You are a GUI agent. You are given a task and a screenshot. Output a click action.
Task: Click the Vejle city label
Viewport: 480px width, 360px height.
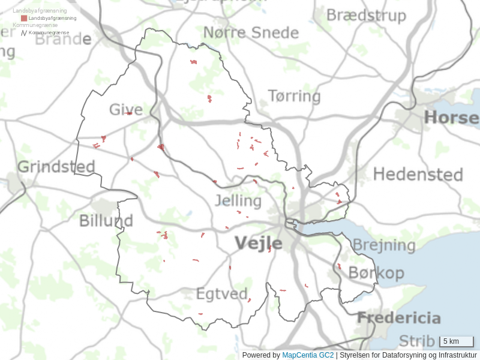[x=258, y=243]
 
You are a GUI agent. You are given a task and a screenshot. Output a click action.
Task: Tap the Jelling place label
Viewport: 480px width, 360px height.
[x=238, y=200]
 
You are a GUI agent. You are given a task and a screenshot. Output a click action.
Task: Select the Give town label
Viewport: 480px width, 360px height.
[x=126, y=110]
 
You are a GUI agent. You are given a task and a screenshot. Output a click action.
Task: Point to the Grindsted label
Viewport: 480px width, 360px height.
[x=56, y=167]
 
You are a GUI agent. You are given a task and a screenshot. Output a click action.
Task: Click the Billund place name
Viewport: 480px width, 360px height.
[x=106, y=221]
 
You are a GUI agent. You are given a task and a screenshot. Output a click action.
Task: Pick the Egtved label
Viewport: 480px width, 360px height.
[x=222, y=294]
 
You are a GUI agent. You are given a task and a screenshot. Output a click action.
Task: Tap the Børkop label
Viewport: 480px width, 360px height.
[x=376, y=274]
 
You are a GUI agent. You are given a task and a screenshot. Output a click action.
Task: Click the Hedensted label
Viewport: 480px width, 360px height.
[x=418, y=175]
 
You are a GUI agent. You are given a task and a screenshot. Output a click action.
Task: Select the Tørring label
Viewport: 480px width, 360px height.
[x=294, y=96]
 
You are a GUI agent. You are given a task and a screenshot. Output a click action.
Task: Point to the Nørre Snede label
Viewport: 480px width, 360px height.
[x=251, y=32]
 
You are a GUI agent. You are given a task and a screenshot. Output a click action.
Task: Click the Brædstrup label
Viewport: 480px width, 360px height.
[x=366, y=16]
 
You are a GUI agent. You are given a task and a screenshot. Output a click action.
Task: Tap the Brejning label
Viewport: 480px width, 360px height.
[x=384, y=245]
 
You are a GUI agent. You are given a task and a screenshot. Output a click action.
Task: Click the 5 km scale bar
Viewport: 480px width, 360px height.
[x=457, y=341]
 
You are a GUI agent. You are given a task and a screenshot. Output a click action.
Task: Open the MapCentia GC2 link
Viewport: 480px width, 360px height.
[x=308, y=355]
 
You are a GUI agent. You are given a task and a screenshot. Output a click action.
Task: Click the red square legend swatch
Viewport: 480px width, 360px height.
[x=24, y=19]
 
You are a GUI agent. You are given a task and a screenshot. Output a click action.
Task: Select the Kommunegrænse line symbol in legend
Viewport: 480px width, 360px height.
[x=24, y=32]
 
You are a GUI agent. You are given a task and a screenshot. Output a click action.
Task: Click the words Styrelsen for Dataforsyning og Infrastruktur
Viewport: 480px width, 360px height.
[x=408, y=355]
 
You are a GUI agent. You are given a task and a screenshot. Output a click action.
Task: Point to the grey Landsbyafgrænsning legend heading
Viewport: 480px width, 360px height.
[x=40, y=11]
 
